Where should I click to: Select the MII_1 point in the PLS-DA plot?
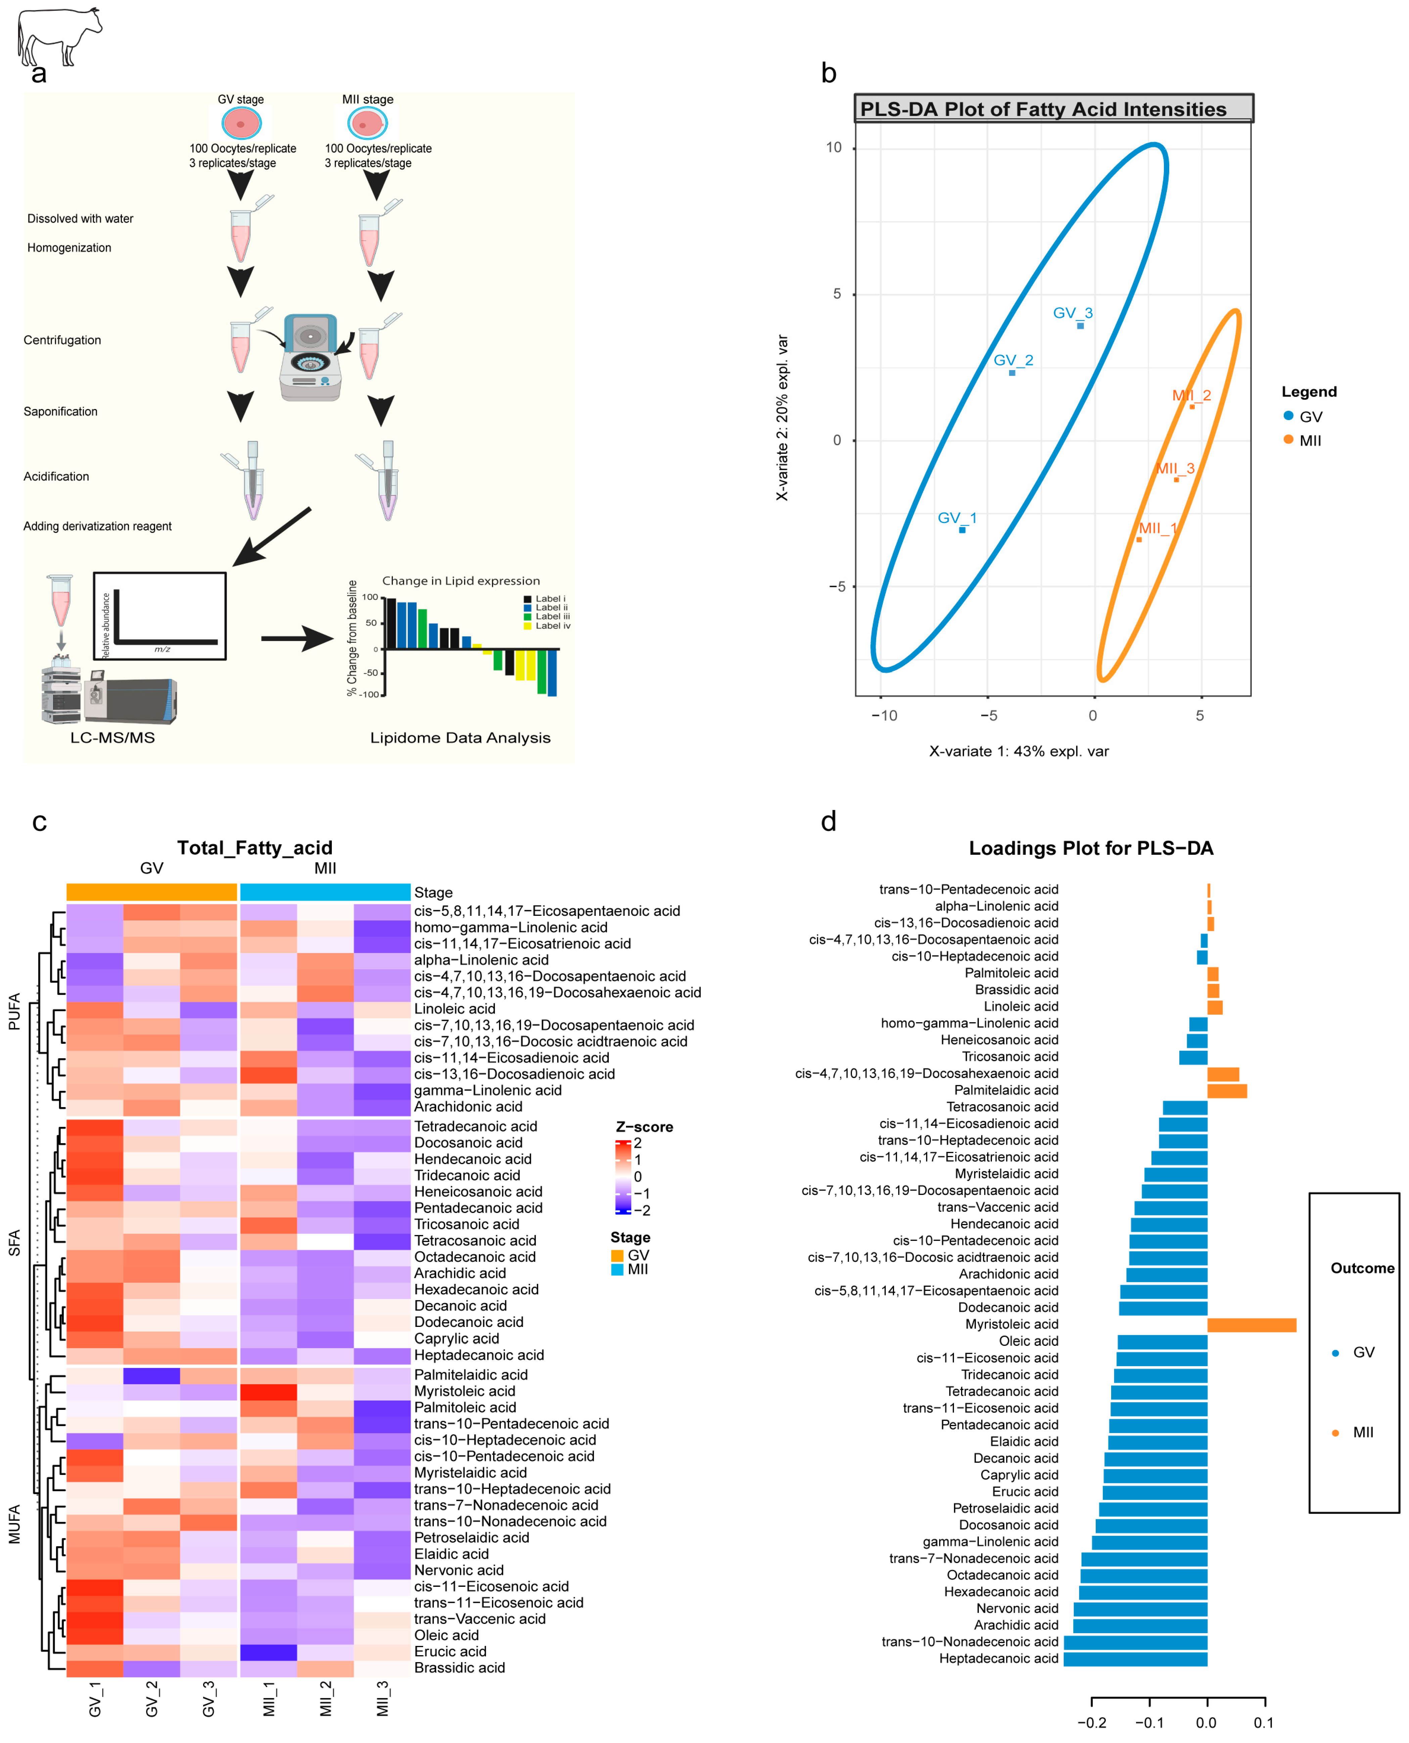pos(1139,539)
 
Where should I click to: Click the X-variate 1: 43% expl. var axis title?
pos(1018,751)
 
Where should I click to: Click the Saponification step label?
pos(61,412)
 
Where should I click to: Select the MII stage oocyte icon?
pos(367,123)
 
